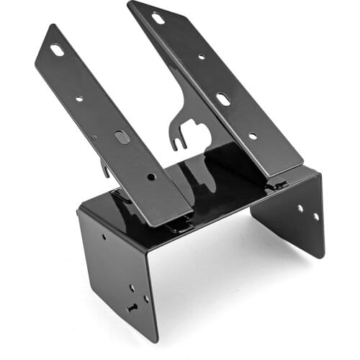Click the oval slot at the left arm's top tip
pyautogui.click(x=56, y=50)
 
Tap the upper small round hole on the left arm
pyautogui.click(x=79, y=99)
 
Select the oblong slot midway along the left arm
pyautogui.click(x=122, y=136)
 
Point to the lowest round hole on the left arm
pyautogui.click(x=150, y=176)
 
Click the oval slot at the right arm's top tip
pyautogui.click(x=158, y=18)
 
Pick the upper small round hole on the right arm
pyautogui.click(x=201, y=57)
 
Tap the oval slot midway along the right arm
pyautogui.click(x=223, y=99)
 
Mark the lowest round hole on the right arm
pyautogui.click(x=252, y=135)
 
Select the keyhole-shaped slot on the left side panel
pyautogui.click(x=132, y=307)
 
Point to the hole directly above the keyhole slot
pyautogui.click(x=132, y=287)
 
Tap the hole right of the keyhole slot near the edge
pyautogui.click(x=146, y=298)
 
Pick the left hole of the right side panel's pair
pyautogui.click(x=300, y=208)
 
